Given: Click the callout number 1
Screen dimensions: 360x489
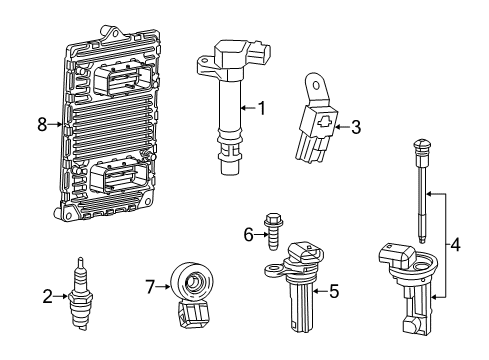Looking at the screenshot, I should coord(261,107).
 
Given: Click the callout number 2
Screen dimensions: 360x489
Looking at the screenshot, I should coord(47,295).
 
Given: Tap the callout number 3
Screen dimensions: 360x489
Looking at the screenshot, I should coord(356,126).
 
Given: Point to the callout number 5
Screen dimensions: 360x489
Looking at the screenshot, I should coord(334,292).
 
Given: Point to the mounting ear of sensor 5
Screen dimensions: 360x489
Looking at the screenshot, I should coord(272,268).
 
